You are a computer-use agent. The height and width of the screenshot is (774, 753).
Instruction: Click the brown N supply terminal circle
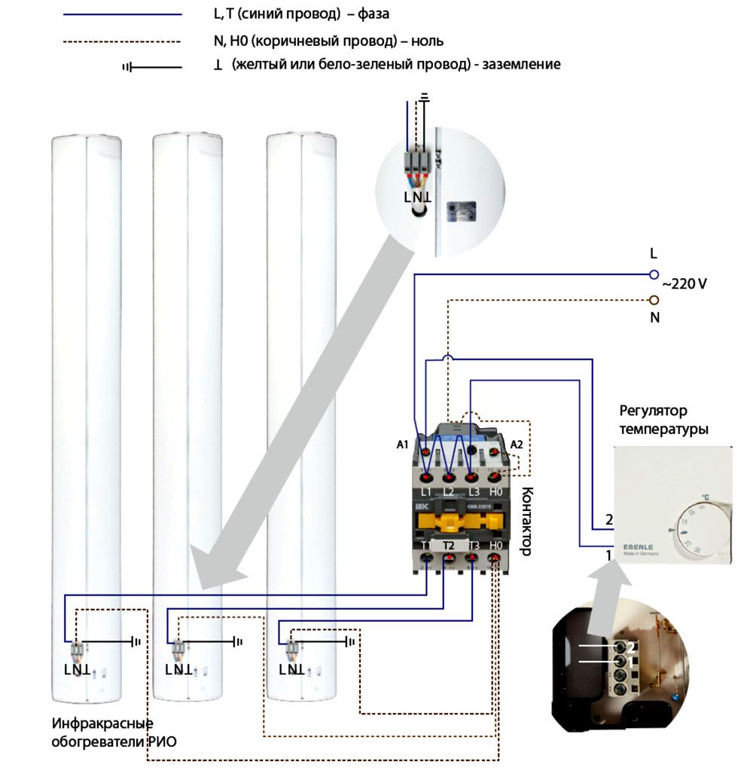pos(654,299)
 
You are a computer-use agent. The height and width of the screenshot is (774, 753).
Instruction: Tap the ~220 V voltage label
pos(684,285)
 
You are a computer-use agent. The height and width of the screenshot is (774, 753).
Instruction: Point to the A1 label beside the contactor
pos(402,445)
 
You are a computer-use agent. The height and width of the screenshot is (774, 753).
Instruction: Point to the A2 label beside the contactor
pos(516,445)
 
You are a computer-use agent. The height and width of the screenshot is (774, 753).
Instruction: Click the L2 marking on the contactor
pos(450,492)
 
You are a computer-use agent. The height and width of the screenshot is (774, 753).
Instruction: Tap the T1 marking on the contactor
pos(426,545)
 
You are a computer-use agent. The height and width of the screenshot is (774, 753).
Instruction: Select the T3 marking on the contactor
pos(473,545)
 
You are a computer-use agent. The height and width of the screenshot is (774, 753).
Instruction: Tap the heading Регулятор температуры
pos(663,420)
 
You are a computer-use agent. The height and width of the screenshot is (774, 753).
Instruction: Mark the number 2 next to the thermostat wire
pos(608,520)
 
